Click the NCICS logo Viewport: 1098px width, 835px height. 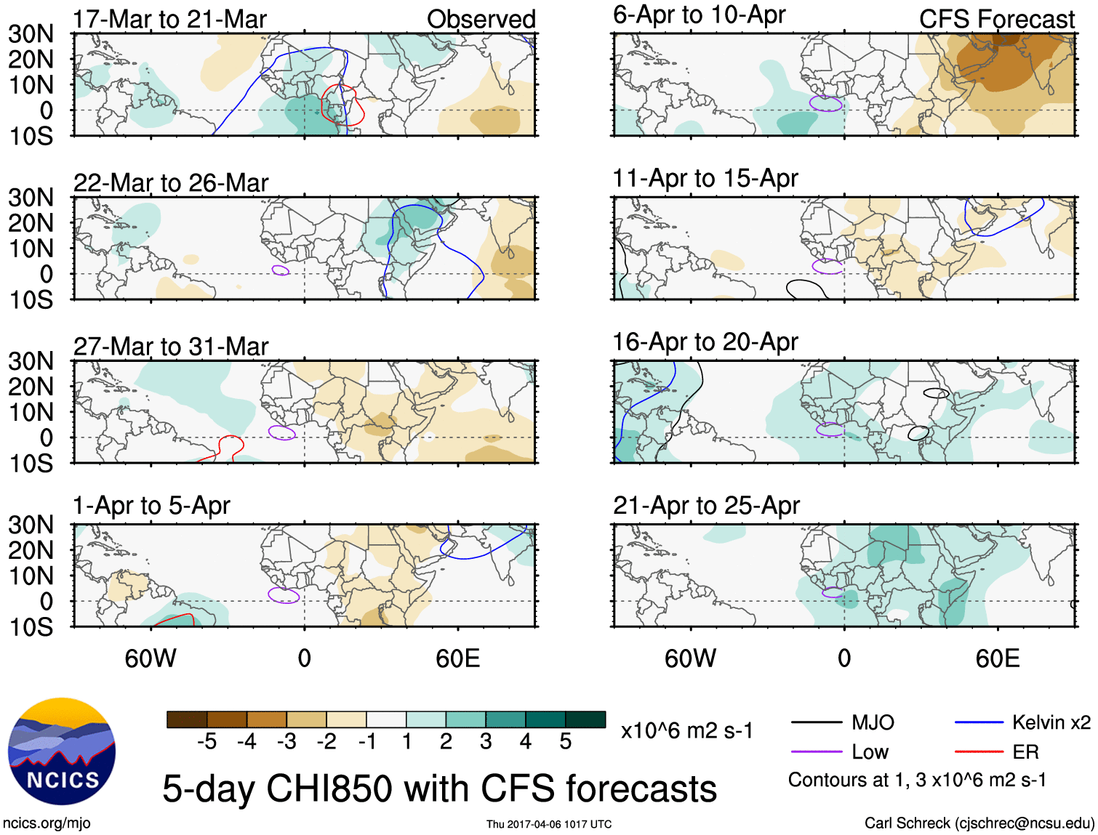point(62,751)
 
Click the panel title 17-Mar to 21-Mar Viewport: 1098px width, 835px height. point(169,20)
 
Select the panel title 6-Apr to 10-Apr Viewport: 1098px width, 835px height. point(699,15)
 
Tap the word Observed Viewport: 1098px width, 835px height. point(481,20)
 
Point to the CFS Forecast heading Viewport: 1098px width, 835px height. point(996,20)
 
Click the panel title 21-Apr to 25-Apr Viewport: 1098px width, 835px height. point(706,506)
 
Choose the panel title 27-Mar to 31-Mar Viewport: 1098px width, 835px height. point(171,347)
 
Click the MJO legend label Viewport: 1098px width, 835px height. point(873,722)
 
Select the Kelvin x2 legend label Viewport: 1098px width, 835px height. point(1051,722)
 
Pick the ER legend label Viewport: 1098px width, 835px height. point(1025,751)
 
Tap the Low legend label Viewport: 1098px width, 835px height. point(870,751)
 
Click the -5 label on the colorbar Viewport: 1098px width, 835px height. point(207,741)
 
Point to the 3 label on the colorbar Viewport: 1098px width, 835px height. point(486,741)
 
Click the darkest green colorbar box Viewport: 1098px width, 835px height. point(585,719)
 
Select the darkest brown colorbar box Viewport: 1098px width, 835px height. point(187,719)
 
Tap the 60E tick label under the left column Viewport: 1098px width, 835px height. point(457,658)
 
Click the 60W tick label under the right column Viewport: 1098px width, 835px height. point(690,658)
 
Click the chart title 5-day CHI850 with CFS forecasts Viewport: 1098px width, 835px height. point(439,789)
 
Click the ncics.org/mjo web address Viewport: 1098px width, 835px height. point(47,823)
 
